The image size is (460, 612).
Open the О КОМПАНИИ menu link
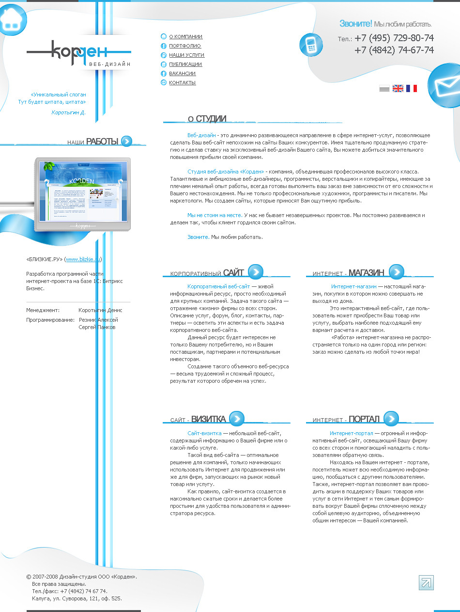tap(185, 37)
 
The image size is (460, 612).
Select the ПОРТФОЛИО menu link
tap(184, 46)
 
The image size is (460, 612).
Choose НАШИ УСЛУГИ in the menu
tap(186, 55)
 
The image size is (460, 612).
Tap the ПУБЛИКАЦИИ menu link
tap(185, 64)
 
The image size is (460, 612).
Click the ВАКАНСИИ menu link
tap(182, 74)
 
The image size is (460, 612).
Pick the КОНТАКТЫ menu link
tap(182, 83)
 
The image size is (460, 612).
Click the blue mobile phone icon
tap(311, 45)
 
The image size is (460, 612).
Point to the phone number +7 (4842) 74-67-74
tap(394, 50)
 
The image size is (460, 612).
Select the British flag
tap(398, 89)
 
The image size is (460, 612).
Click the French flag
tap(412, 89)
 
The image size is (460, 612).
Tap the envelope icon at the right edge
tap(445, 86)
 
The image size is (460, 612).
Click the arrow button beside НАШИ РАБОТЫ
tap(126, 141)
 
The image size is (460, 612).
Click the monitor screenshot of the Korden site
tap(83, 193)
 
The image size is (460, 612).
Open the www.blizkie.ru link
tap(83, 259)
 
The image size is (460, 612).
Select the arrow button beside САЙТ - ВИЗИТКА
tap(237, 418)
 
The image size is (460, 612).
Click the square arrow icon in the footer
tap(426, 582)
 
